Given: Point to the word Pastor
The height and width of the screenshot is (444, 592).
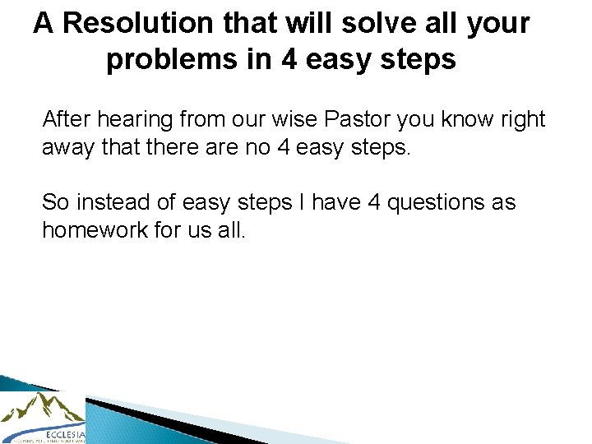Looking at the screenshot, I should coord(358,120).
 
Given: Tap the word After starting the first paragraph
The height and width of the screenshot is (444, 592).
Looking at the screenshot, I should coord(67,120).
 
